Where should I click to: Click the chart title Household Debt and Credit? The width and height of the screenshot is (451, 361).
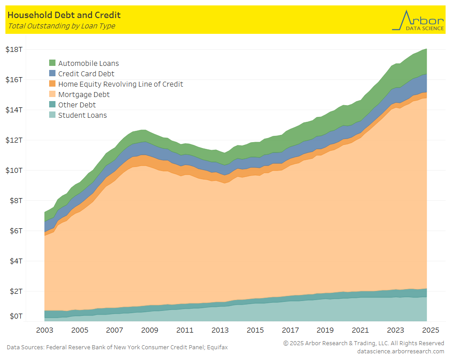tap(64, 15)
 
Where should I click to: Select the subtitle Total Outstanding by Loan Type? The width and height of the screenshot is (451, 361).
tap(61, 26)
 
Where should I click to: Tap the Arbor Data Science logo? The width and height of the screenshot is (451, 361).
tap(418, 20)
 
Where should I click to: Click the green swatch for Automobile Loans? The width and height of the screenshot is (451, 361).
tap(52, 63)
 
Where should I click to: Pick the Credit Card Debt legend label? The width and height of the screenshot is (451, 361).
tap(86, 74)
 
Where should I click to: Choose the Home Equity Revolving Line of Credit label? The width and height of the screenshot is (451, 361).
tap(120, 84)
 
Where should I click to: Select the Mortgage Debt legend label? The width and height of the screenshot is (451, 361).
tap(84, 94)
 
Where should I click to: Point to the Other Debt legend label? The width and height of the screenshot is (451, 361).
tap(77, 105)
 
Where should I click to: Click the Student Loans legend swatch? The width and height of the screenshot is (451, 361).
tap(52, 115)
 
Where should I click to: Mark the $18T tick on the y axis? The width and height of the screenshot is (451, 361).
tap(14, 49)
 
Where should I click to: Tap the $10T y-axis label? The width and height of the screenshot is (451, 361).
tap(14, 170)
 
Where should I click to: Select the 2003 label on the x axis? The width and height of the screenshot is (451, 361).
tap(44, 330)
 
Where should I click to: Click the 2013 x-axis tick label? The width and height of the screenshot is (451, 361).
tap(220, 330)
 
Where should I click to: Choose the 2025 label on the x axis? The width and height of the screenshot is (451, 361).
tap(431, 330)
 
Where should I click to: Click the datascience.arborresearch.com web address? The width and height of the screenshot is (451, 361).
tap(400, 351)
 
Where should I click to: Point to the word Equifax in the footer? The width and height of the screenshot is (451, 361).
tap(216, 347)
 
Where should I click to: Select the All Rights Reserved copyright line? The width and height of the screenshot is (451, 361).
tap(364, 343)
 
